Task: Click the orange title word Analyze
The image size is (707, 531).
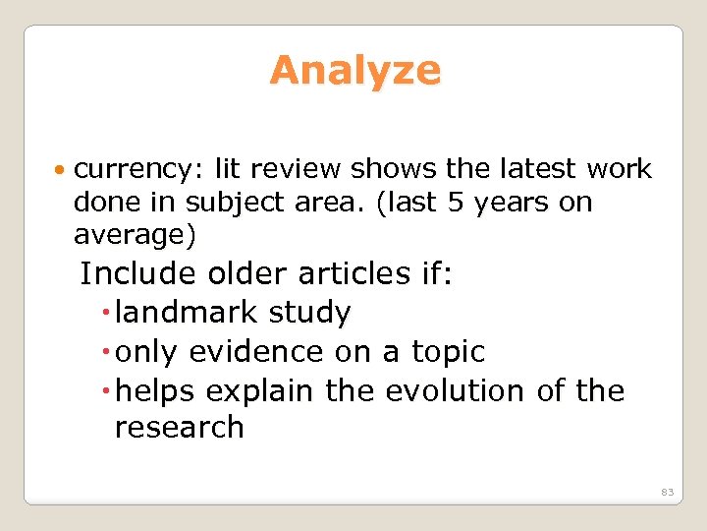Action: [354, 71]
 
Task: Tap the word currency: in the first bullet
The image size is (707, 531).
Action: [133, 169]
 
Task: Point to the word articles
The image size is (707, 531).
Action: [365, 272]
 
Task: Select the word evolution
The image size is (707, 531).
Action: [457, 390]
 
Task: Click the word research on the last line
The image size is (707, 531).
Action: [179, 428]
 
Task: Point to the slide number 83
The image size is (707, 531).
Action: [667, 492]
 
